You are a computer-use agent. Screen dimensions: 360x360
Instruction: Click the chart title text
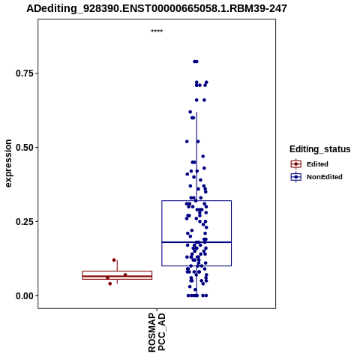[x=157, y=9]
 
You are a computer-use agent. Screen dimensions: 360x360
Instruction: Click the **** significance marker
[x=157, y=31]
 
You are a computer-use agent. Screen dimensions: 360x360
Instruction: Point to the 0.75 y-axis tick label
[x=24, y=73]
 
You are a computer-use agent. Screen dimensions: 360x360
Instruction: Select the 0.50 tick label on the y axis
[x=24, y=148]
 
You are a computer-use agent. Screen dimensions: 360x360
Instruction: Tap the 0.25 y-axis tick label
[x=24, y=221]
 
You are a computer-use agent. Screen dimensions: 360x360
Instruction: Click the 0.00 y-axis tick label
[x=24, y=295]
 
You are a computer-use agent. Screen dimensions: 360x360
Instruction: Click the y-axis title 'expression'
[x=8, y=163]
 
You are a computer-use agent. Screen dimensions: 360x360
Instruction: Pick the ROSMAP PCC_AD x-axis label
[x=157, y=333]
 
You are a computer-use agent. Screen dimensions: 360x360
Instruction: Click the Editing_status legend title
[x=320, y=149]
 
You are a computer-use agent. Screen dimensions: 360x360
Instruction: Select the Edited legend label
[x=317, y=164]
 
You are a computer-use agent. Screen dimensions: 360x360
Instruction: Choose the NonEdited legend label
[x=325, y=177]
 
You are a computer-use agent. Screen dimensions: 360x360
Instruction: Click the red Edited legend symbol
[x=296, y=164]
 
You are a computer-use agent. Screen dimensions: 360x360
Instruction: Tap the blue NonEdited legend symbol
[x=296, y=177]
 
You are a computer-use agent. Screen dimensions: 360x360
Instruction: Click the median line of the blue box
[x=196, y=242]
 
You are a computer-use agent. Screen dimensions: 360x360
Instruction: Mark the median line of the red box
[x=117, y=276]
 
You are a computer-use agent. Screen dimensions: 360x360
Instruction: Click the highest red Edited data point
[x=114, y=260]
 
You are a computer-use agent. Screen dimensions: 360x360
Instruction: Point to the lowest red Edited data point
[x=110, y=283]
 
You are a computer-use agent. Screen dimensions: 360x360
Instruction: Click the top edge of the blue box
[x=196, y=201]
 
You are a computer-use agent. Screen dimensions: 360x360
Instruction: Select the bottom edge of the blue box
[x=196, y=265]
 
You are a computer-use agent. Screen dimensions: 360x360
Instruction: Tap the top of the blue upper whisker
[x=196, y=112]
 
